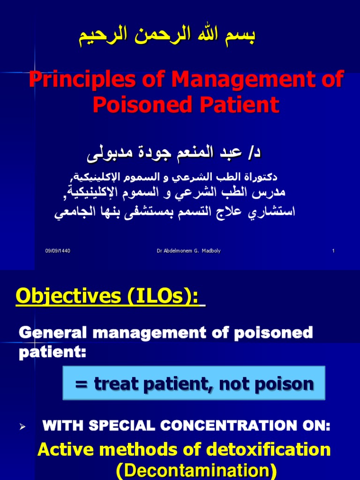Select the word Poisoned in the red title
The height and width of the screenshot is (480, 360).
(x=135, y=105)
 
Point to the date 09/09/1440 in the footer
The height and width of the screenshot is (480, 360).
(x=58, y=251)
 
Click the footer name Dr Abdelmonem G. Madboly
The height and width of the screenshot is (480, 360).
(x=188, y=251)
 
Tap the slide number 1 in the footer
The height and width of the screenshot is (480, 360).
(x=333, y=251)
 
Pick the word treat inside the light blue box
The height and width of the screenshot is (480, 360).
(x=114, y=384)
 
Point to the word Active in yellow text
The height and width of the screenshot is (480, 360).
(x=66, y=450)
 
